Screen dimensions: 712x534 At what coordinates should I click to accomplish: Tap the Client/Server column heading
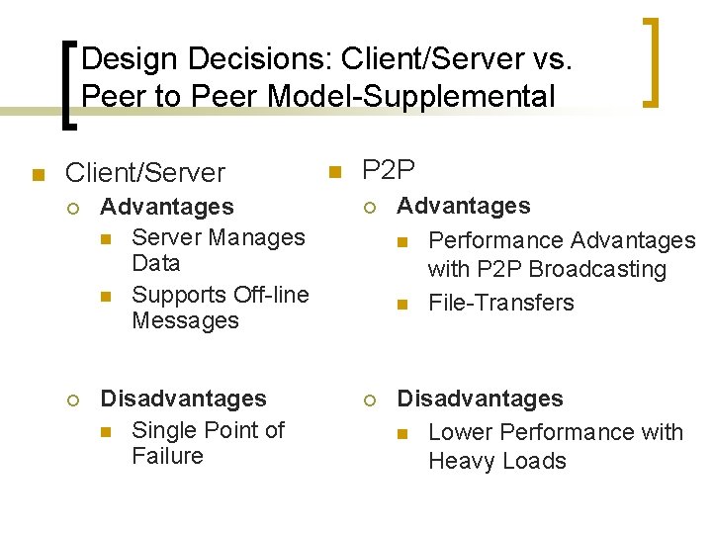(144, 173)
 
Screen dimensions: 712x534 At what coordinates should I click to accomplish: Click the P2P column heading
(389, 170)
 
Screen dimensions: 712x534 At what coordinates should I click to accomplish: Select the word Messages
(185, 320)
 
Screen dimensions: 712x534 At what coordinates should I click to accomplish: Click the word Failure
(167, 456)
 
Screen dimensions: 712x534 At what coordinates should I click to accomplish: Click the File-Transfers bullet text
(500, 303)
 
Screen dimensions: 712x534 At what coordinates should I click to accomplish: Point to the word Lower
(461, 432)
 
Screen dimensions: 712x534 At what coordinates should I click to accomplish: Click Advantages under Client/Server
(167, 207)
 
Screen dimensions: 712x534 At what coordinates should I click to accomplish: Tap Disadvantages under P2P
(480, 399)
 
